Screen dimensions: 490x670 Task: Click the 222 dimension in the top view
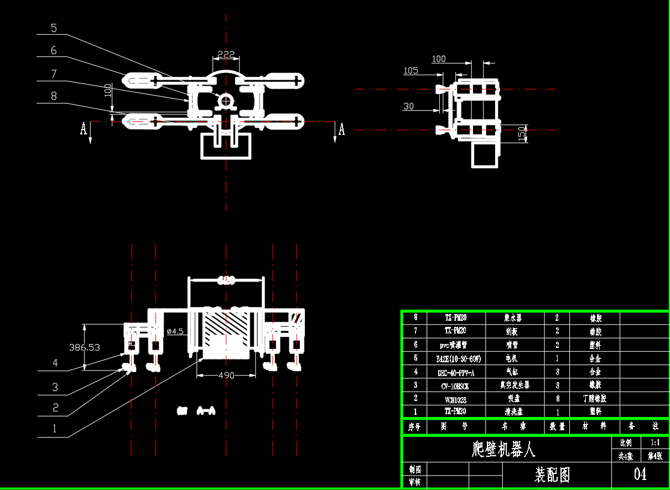click(x=226, y=54)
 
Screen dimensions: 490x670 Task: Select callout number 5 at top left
click(x=54, y=28)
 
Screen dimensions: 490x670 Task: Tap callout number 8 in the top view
click(x=54, y=96)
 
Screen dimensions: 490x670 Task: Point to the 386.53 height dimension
click(x=85, y=347)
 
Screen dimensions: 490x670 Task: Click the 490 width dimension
click(x=226, y=376)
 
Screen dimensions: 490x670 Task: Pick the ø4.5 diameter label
click(x=174, y=331)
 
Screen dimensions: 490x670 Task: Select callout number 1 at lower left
click(x=54, y=428)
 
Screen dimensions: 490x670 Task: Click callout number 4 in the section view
click(x=55, y=363)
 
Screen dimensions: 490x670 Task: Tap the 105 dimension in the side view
click(x=411, y=71)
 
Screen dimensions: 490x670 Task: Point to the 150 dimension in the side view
click(x=522, y=133)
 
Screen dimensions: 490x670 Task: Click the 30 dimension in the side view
click(x=408, y=106)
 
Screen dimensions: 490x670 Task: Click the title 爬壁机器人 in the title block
click(x=503, y=449)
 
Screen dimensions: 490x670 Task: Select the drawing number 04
click(x=640, y=474)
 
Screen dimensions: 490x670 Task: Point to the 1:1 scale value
click(x=655, y=442)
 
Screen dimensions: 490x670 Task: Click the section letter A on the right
click(x=341, y=129)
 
